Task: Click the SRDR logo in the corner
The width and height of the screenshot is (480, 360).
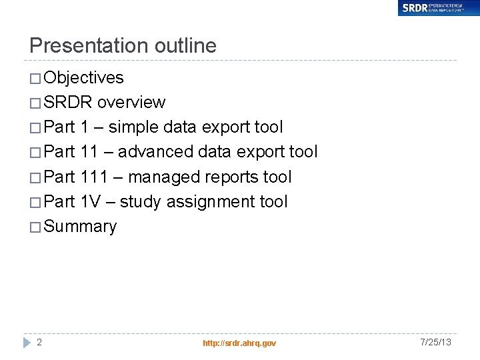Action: tap(438, 8)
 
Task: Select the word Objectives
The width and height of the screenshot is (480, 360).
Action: tap(83, 78)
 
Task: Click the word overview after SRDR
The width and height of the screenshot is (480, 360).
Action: tap(131, 103)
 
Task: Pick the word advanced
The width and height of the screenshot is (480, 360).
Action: tap(156, 152)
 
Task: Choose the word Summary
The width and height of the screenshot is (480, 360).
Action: tap(80, 227)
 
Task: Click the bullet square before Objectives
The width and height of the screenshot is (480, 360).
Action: tap(35, 79)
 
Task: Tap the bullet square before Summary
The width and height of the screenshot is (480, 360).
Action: tap(35, 227)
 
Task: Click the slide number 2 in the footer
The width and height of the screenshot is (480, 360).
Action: tap(39, 342)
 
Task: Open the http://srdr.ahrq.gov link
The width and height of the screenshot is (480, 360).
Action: tap(239, 343)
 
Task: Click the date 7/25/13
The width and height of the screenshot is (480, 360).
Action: tap(436, 342)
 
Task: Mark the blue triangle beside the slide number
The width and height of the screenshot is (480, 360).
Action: tap(27, 342)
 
